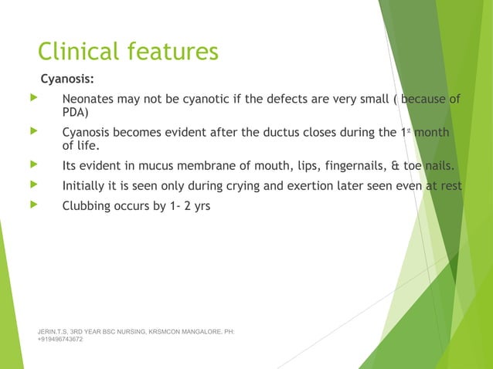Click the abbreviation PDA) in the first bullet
(76, 112)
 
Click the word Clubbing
(89, 208)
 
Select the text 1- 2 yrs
(192, 208)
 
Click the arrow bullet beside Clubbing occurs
(32, 207)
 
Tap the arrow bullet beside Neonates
(32, 99)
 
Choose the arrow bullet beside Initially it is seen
(32, 185)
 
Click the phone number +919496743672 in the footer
(60, 340)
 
